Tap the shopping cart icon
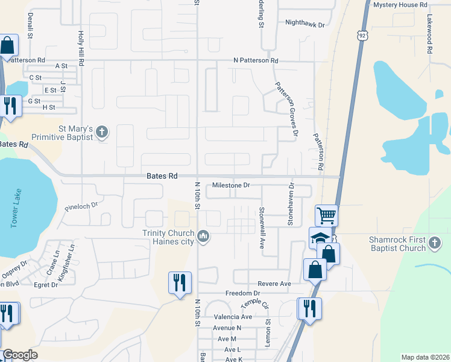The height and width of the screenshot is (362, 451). coord(326,215)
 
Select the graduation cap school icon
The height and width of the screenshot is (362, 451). coord(319,238)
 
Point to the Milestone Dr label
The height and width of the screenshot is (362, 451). coord(231,185)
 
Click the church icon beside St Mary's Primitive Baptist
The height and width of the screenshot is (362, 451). coord(102,132)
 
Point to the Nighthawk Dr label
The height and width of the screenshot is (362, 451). coord(305,25)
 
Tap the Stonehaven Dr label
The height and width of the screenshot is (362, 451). coord(291,204)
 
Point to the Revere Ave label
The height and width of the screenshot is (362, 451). coord(274,284)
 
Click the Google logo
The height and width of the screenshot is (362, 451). coord(20,355)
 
